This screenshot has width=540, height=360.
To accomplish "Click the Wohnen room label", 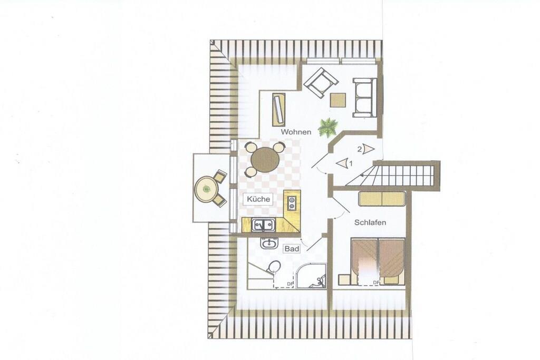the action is (x=296, y=132).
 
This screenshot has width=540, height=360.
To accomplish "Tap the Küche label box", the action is (x=258, y=199).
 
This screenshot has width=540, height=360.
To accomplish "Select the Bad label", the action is (x=291, y=248).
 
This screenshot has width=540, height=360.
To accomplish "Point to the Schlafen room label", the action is (x=370, y=222).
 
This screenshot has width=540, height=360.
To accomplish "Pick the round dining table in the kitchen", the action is (x=265, y=160).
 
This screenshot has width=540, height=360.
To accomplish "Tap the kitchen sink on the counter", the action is (x=263, y=225).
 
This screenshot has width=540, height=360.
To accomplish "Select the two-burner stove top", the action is (x=292, y=203).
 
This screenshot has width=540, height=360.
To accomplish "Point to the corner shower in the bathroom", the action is (x=311, y=276).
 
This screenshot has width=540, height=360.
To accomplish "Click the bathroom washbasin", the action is (x=269, y=244).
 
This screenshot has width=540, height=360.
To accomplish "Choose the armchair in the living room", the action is (x=321, y=83).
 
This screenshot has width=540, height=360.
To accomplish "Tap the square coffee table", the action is (x=338, y=100).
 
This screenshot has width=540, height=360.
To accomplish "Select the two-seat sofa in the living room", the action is (x=364, y=98).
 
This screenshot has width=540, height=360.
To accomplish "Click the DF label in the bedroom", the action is (x=376, y=283).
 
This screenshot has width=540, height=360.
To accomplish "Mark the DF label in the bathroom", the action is (x=290, y=284).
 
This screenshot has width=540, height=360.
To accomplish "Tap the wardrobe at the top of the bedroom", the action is (x=382, y=199).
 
